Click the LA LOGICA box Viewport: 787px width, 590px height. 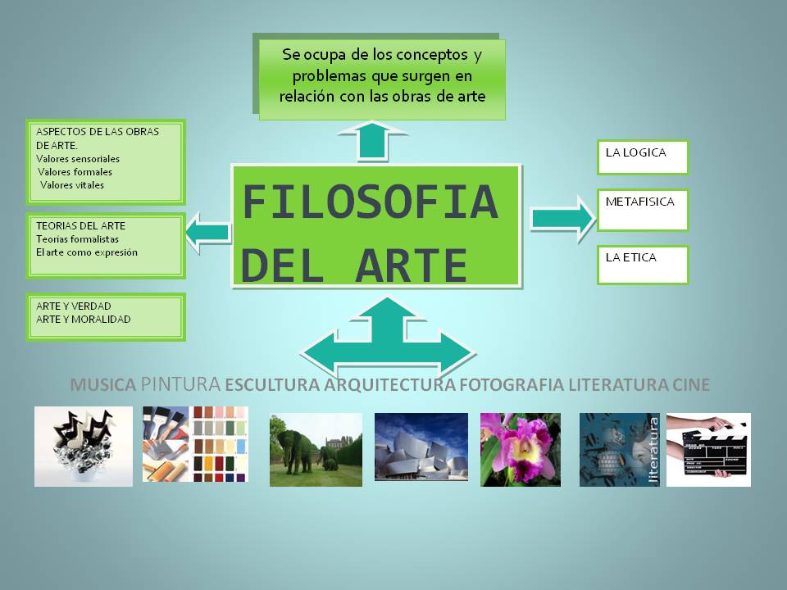click(642, 157)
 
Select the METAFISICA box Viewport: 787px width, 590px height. click(642, 210)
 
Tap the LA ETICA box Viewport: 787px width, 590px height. click(642, 264)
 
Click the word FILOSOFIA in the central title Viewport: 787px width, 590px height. click(371, 202)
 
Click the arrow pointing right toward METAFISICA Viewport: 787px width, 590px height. click(562, 218)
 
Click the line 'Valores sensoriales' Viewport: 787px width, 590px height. click(78, 159)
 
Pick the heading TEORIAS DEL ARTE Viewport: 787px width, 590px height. click(80, 225)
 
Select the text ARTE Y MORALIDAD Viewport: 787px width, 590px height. click(83, 320)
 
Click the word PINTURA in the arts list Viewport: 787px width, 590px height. click(180, 383)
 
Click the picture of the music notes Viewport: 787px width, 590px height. click(83, 446)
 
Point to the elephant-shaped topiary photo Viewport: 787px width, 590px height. click(316, 450)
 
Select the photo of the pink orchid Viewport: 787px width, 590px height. click(521, 450)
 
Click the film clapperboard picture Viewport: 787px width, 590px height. click(708, 449)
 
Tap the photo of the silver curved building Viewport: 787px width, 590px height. click(421, 447)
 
